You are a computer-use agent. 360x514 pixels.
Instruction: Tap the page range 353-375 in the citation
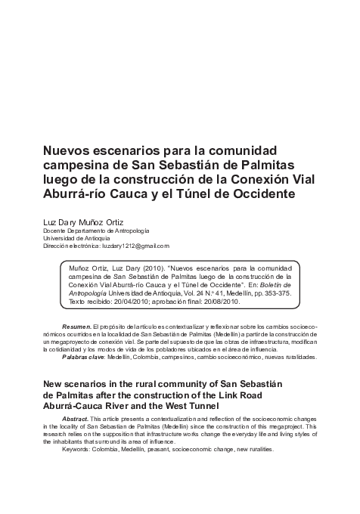pyautogui.click(x=267, y=293)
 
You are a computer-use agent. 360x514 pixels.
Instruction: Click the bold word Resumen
pyautogui.click(x=76, y=325)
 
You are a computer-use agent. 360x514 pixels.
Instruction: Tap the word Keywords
pyautogui.click(x=79, y=449)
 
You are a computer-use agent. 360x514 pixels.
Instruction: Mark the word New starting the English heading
pyautogui.click(x=54, y=384)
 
